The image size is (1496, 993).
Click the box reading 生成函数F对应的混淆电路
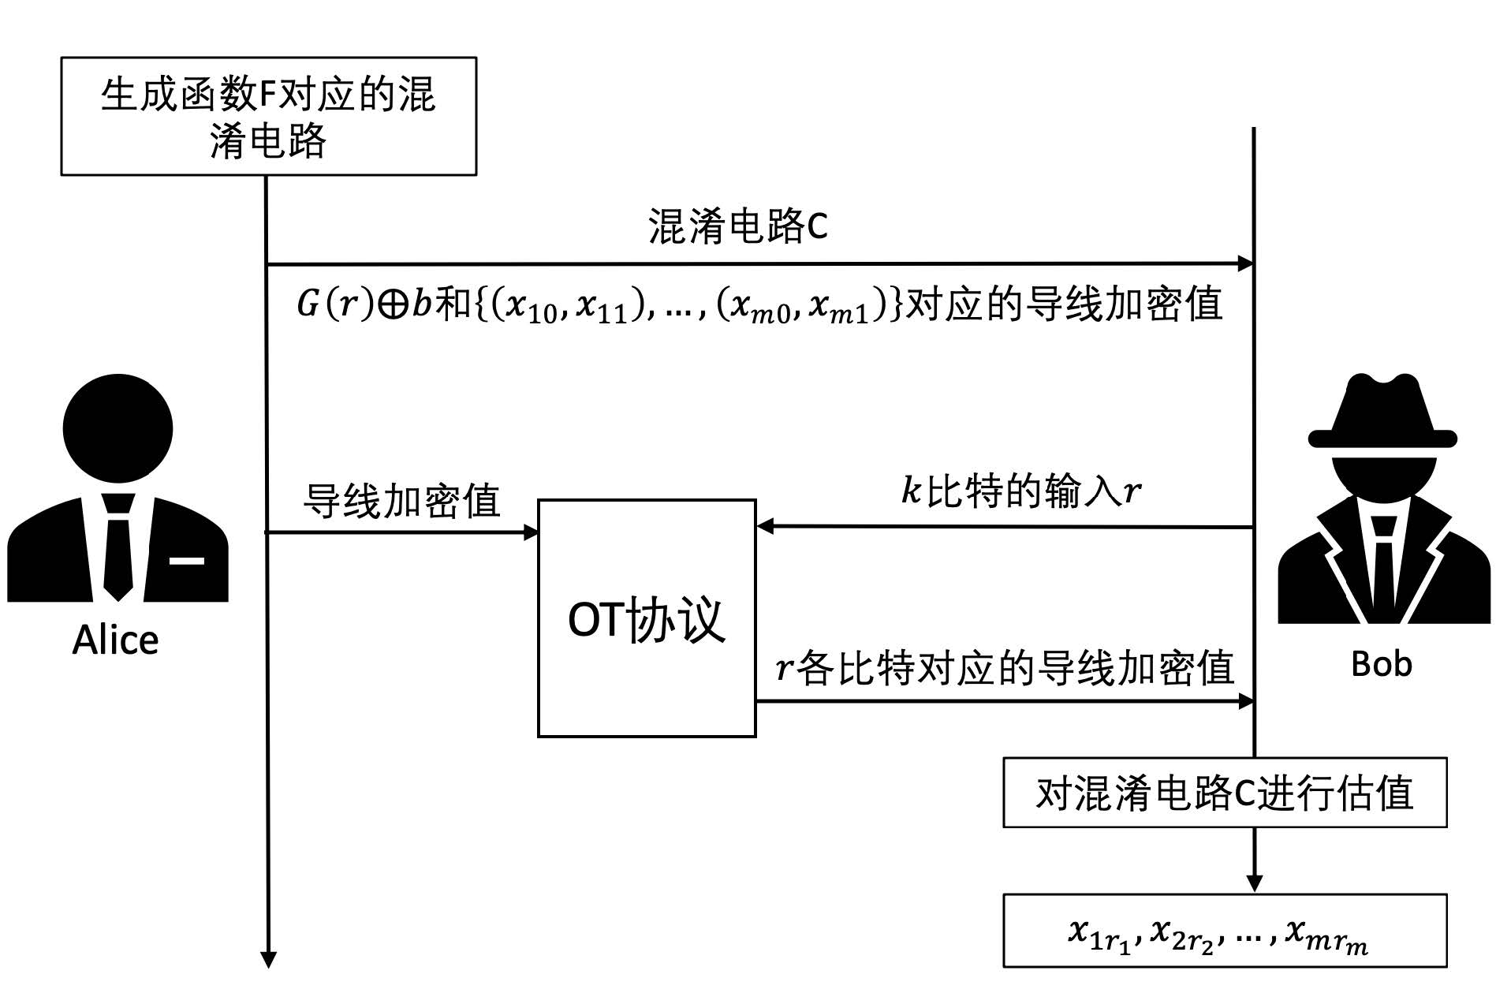click(x=268, y=116)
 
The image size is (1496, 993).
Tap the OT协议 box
click(x=646, y=618)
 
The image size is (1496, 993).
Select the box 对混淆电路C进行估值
click(x=1224, y=793)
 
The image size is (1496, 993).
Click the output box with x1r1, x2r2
click(x=1224, y=931)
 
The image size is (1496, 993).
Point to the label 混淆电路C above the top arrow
click(x=738, y=226)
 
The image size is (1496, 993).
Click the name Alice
click(x=115, y=640)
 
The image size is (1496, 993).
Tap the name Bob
click(x=1381, y=664)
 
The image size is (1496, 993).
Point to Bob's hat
click(x=1382, y=414)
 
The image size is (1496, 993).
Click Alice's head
click(x=118, y=428)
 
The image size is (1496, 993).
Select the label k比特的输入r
click(x=1020, y=491)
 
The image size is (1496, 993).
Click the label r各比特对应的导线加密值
click(x=1005, y=668)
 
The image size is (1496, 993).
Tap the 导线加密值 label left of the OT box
click(x=401, y=500)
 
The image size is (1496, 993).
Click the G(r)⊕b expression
click(x=364, y=304)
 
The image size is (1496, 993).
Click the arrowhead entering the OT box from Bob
click(x=765, y=526)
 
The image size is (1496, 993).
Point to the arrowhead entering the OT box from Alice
click(x=531, y=532)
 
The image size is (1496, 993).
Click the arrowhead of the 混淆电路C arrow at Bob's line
click(x=1245, y=263)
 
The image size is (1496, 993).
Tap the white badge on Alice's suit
click(x=187, y=561)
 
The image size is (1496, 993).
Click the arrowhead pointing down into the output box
click(x=1254, y=883)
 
